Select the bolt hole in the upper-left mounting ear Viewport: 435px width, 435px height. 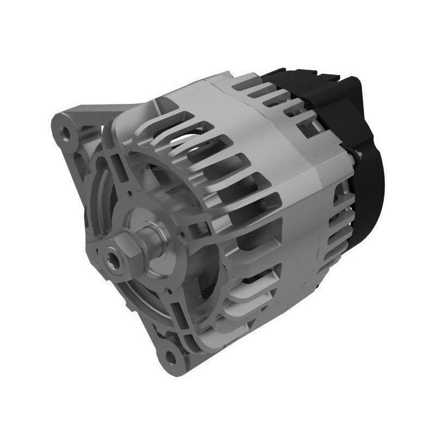(66, 132)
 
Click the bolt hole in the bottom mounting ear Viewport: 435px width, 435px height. (171, 357)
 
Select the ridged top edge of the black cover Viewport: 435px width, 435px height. (304, 76)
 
